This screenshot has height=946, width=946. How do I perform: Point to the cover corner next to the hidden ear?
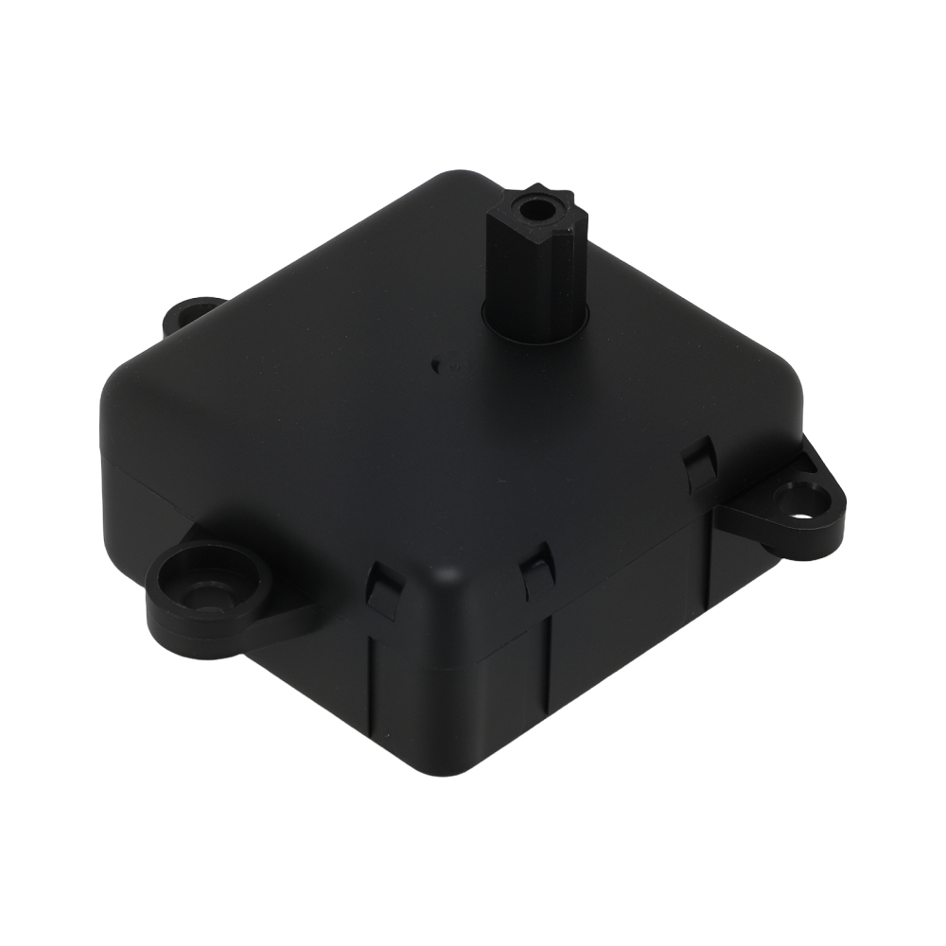(132, 378)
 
